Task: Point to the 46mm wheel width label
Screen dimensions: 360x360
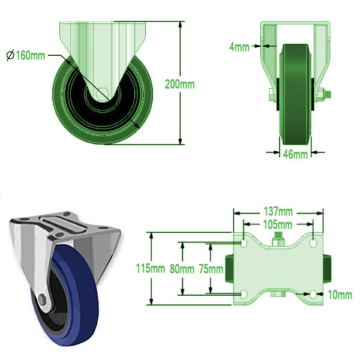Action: [x=295, y=154]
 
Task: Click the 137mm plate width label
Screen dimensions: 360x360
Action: [x=278, y=211]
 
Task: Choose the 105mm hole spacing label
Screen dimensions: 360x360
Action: [x=278, y=224]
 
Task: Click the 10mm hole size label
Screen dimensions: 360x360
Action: [x=340, y=294]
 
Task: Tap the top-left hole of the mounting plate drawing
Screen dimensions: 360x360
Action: [x=244, y=244]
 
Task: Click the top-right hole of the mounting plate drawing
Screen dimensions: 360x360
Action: [x=313, y=244]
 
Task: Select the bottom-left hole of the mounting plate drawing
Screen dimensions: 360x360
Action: [x=244, y=294]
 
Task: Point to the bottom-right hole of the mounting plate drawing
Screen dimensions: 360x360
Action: [x=313, y=294]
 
